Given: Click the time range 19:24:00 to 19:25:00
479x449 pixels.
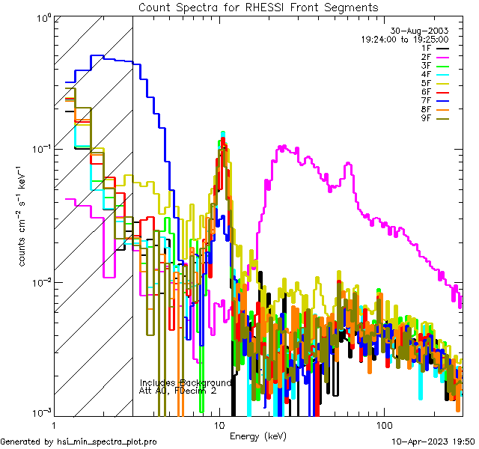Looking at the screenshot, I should point(404,39).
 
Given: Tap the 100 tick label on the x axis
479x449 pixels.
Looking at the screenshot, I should point(382,424).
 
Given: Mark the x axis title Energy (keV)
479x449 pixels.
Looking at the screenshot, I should point(257,436).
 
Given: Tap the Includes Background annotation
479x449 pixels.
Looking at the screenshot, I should point(186,382).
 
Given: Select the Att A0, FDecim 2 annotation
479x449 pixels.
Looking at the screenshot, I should point(178,391).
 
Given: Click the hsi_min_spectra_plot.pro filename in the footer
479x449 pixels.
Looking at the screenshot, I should point(106,442).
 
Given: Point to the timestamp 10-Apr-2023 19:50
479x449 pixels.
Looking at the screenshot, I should point(434,442).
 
